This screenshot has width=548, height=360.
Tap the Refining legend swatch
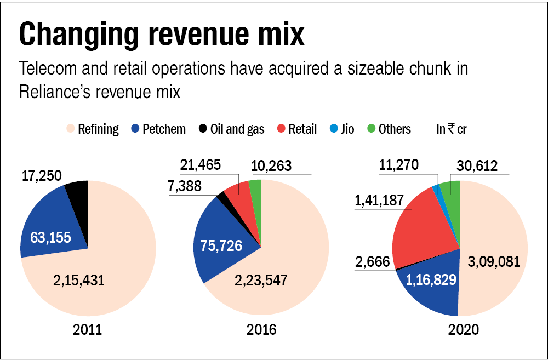point(70,129)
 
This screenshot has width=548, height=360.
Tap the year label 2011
point(87,330)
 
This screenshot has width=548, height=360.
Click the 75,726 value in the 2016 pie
point(221,245)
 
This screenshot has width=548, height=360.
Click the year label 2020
point(464,330)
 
